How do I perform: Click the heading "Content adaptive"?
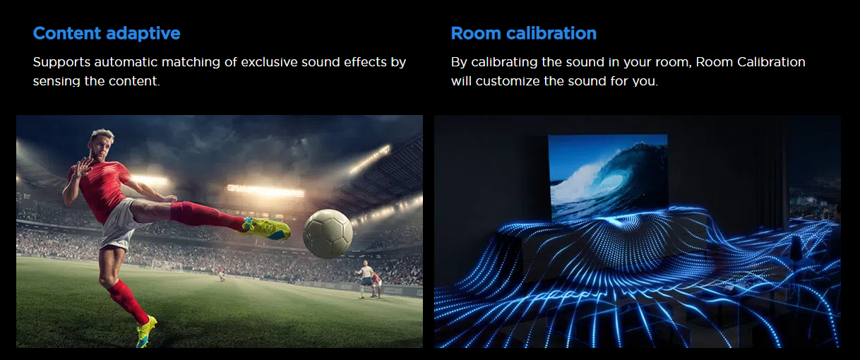[x=107, y=34]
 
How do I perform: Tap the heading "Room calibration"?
[x=524, y=33]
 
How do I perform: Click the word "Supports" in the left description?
[x=61, y=63]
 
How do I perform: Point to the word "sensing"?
[x=56, y=81]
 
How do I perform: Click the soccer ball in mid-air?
[x=328, y=234]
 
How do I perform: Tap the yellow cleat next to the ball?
[x=265, y=229]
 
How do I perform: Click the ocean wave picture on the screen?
[x=608, y=177]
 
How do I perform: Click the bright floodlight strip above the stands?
[x=265, y=191]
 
